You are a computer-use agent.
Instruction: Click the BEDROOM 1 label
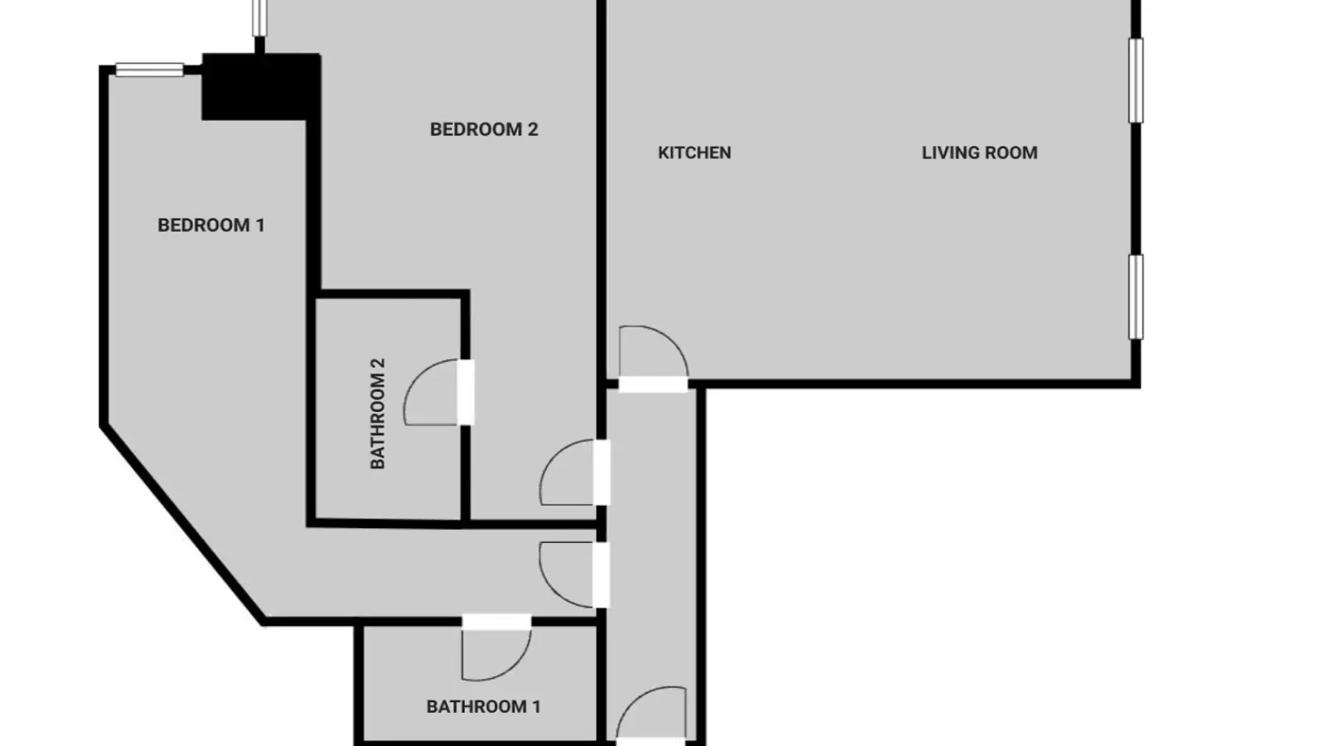pyautogui.click(x=211, y=225)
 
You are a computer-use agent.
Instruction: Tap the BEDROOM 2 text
pyautogui.click(x=484, y=129)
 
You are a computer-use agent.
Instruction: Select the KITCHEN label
pyautogui.click(x=694, y=153)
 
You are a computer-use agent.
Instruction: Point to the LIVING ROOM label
pyautogui.click(x=979, y=153)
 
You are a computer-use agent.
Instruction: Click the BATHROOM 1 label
pyautogui.click(x=483, y=706)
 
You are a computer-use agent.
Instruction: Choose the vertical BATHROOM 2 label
pyautogui.click(x=377, y=414)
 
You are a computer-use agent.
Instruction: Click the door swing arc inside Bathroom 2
pyautogui.click(x=414, y=379)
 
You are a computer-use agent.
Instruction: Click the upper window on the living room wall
pyautogui.click(x=1135, y=80)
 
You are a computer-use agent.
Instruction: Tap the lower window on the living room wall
pyautogui.click(x=1135, y=298)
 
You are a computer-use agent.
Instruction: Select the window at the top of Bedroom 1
pyautogui.click(x=150, y=70)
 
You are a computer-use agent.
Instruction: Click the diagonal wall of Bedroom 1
pyautogui.click(x=183, y=524)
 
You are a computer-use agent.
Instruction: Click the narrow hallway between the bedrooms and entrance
pyautogui.click(x=651, y=563)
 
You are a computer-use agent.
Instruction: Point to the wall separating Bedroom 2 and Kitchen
pyautogui.click(x=602, y=190)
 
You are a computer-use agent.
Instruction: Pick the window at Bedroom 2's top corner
pyautogui.click(x=259, y=17)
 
